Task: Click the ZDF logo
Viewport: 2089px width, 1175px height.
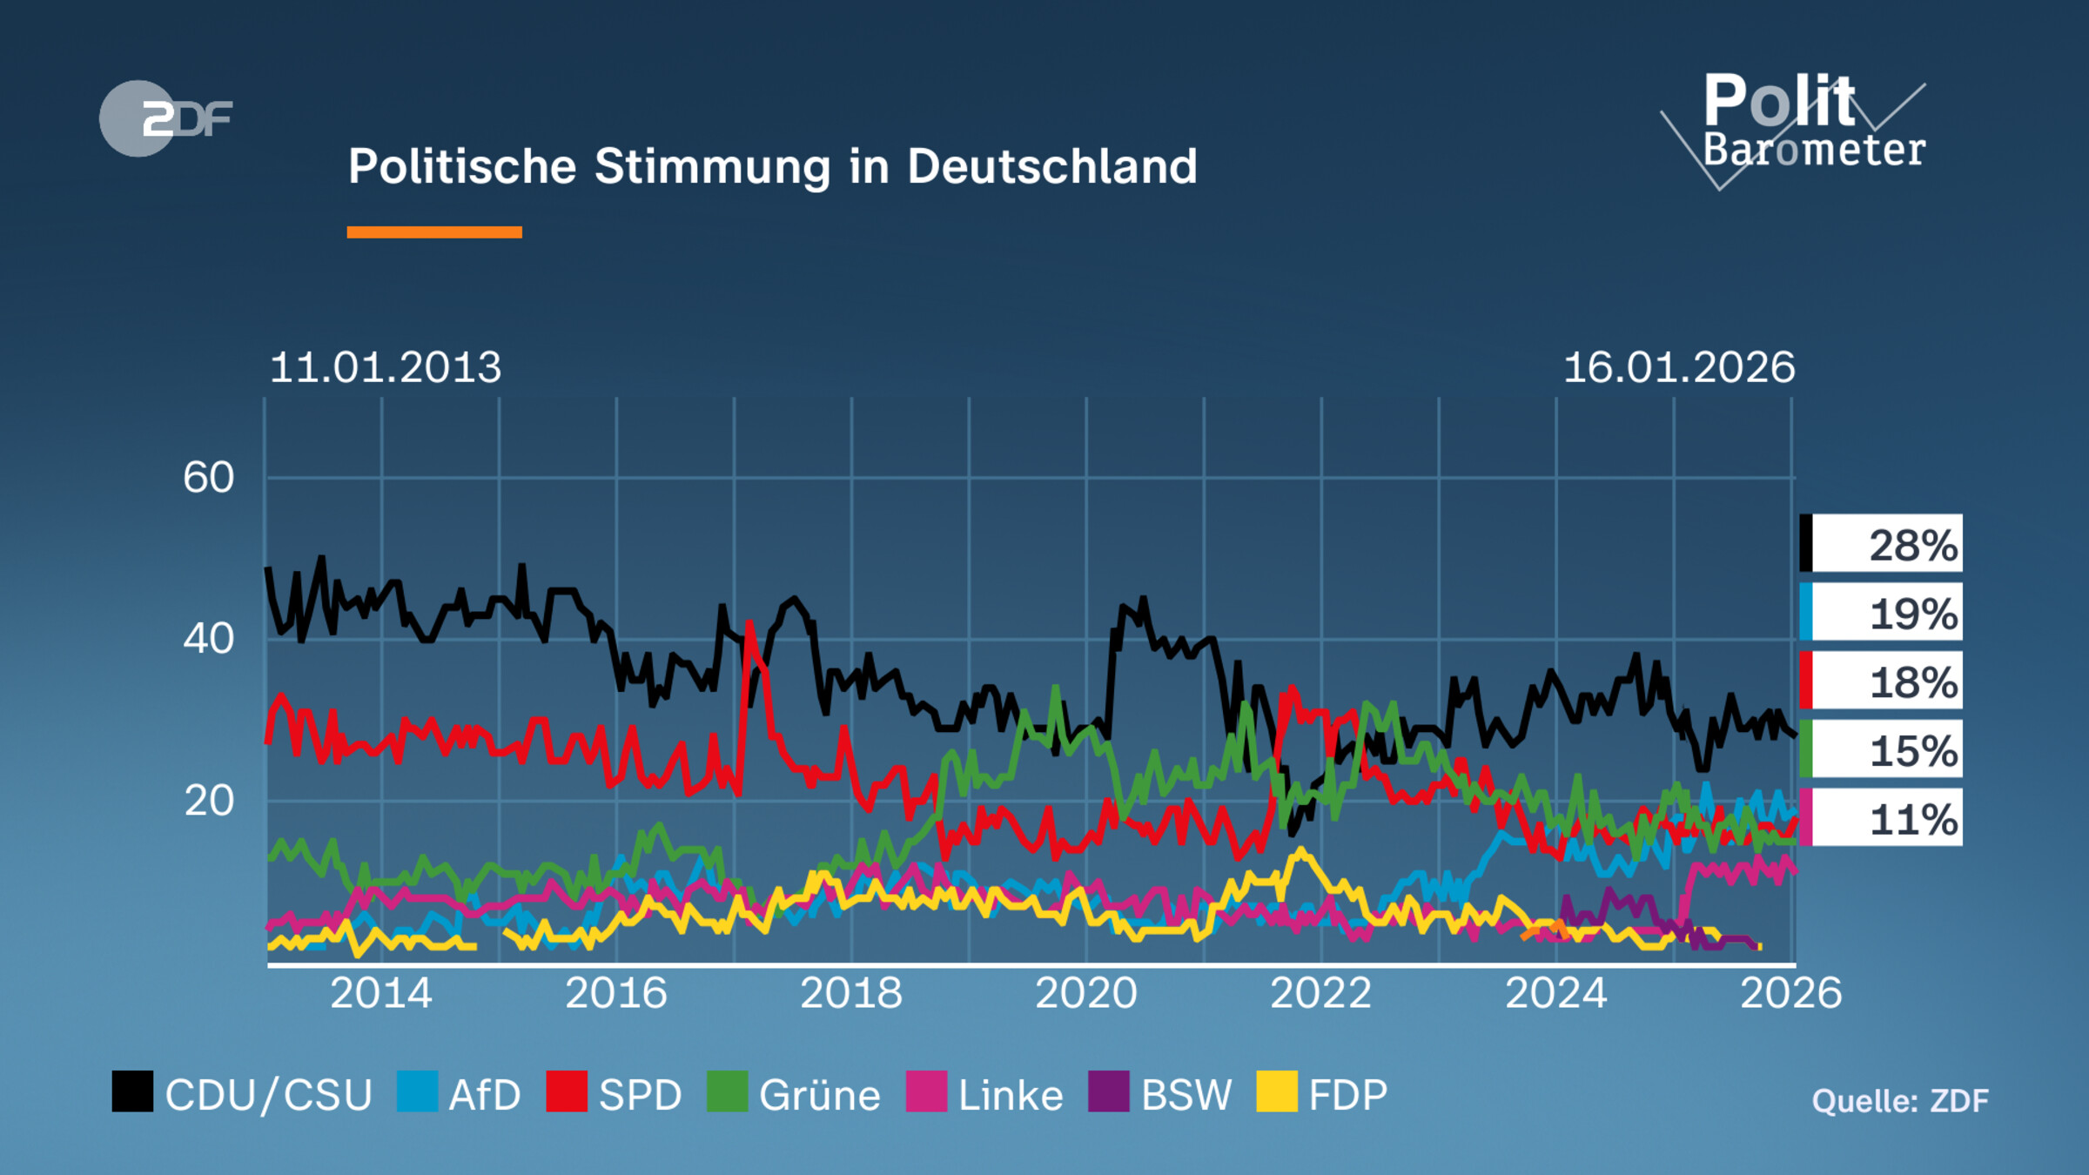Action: [x=165, y=118]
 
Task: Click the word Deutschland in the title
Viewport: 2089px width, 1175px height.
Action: [x=1051, y=166]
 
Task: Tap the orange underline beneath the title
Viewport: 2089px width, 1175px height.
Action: [x=433, y=232]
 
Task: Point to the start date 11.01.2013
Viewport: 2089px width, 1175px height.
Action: [x=386, y=367]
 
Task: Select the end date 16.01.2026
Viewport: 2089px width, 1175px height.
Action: [x=1678, y=367]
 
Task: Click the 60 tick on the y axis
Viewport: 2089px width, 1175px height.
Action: [x=209, y=478]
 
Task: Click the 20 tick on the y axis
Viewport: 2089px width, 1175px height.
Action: [x=209, y=801]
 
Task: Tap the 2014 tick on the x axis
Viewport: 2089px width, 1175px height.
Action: [x=381, y=993]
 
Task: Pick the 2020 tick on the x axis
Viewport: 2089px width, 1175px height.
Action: [x=1085, y=993]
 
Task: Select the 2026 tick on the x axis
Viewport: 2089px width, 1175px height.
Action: [x=1790, y=993]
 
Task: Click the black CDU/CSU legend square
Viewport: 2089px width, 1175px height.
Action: [x=132, y=1091]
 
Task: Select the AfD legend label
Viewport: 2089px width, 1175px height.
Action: [x=484, y=1095]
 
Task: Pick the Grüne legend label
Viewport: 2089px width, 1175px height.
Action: [x=819, y=1095]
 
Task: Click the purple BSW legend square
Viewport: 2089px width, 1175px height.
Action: [x=1108, y=1091]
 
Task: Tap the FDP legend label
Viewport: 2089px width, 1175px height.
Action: [x=1347, y=1095]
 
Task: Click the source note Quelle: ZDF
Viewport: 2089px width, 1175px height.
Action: [x=1899, y=1101]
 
